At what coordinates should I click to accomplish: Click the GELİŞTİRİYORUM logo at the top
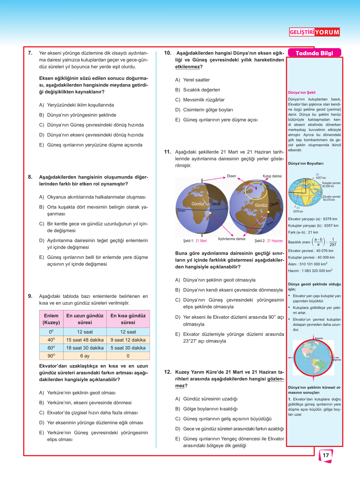point(314,32)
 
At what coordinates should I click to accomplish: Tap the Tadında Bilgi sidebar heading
point(314,53)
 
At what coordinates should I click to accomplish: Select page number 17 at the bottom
point(326,455)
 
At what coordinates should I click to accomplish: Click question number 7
point(30,53)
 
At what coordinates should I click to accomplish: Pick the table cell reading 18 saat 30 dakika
point(85,348)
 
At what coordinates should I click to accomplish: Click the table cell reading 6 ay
point(85,356)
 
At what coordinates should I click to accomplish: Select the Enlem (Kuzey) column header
point(51,319)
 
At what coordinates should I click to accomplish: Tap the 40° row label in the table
point(51,340)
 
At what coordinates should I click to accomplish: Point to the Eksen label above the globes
point(231,176)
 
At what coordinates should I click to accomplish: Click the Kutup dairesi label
point(272,176)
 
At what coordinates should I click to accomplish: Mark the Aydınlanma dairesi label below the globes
point(232,239)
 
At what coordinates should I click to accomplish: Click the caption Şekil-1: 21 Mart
point(195,241)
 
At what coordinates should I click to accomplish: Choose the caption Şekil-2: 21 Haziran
point(269,241)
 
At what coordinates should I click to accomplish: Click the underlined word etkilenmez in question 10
point(187,67)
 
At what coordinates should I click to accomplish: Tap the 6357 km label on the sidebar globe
point(321,178)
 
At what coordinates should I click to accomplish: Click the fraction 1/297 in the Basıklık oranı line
point(333,242)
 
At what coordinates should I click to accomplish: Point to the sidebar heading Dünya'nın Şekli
point(302,93)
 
